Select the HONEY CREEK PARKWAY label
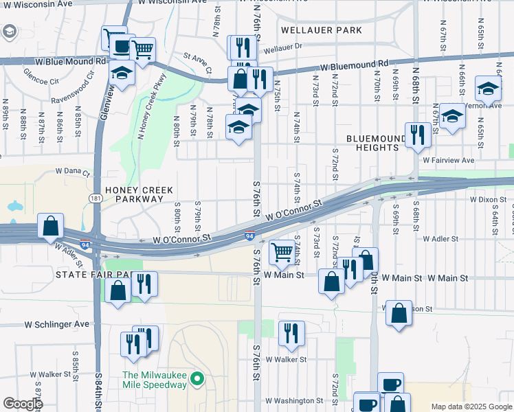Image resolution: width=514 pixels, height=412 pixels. (134, 194)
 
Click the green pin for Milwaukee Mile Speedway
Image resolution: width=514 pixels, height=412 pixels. (197, 378)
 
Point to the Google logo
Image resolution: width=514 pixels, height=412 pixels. (22, 403)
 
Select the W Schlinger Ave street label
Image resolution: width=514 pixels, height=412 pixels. (57, 323)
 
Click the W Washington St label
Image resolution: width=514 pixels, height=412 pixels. (293, 400)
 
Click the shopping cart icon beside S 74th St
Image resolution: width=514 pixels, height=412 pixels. (281, 253)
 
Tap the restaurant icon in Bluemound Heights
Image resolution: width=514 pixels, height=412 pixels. (417, 135)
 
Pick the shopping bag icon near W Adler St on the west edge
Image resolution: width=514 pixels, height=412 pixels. (51, 225)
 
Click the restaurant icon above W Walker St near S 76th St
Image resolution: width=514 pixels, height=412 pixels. (291, 332)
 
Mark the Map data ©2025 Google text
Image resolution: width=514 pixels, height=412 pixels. (471, 407)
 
